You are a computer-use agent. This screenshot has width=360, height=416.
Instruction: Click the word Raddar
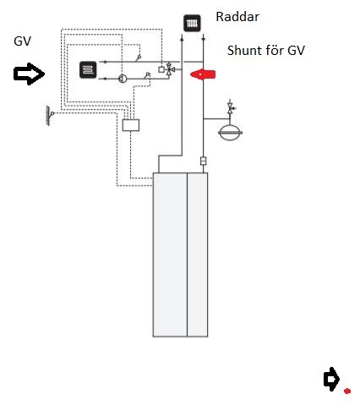(237, 17)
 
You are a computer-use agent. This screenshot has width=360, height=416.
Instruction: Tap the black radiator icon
(192, 23)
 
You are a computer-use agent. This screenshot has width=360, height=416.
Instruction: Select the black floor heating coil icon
(88, 69)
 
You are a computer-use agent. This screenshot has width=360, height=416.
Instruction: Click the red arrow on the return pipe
(203, 74)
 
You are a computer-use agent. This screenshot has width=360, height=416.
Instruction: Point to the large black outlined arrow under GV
(29, 74)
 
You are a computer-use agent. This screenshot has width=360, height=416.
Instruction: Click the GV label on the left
(22, 41)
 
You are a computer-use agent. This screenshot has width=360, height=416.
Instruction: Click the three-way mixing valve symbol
(169, 68)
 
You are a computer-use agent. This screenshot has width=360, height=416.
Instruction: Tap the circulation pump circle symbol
(123, 79)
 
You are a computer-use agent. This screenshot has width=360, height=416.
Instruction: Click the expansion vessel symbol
(231, 132)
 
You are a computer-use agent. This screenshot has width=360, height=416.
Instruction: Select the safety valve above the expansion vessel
(231, 108)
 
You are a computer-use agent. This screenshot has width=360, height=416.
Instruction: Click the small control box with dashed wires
(131, 125)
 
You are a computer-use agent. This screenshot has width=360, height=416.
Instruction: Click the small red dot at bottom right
(347, 391)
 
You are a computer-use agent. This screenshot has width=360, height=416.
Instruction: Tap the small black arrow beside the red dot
(331, 379)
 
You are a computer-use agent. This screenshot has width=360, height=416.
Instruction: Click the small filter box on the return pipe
(203, 161)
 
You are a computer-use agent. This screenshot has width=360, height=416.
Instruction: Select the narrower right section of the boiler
(198, 255)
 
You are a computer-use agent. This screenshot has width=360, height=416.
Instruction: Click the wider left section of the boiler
(170, 255)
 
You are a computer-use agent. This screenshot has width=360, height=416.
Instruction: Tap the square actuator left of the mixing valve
(161, 69)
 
